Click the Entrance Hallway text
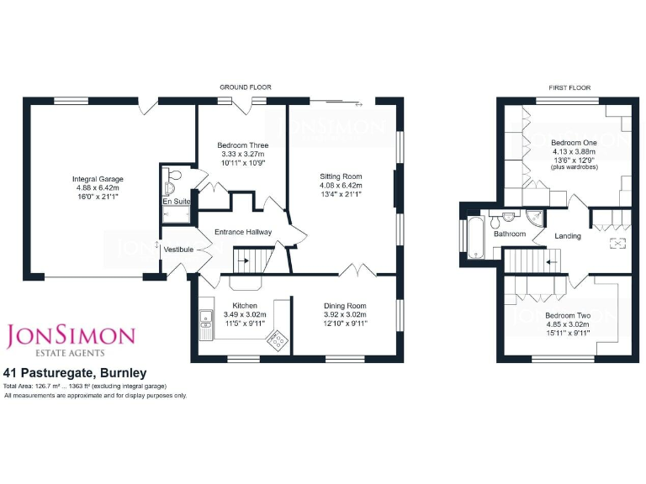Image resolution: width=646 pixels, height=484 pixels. click(243, 232)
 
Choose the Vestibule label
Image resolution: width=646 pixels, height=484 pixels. click(178, 250)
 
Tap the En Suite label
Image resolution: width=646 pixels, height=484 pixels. click(176, 202)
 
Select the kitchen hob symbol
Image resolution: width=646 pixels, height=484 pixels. click(276, 339)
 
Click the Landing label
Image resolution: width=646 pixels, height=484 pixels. click(568, 236)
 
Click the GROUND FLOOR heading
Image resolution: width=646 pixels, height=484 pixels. click(245, 87)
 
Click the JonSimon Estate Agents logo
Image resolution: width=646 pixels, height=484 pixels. click(71, 339)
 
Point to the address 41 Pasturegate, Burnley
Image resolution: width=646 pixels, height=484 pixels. click(75, 372)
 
